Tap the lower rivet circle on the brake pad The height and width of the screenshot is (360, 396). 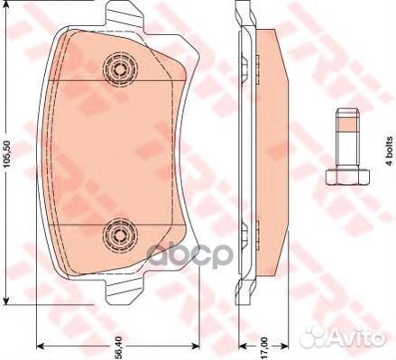tap(118, 234)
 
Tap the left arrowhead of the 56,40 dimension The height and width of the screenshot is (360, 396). tap(40, 347)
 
